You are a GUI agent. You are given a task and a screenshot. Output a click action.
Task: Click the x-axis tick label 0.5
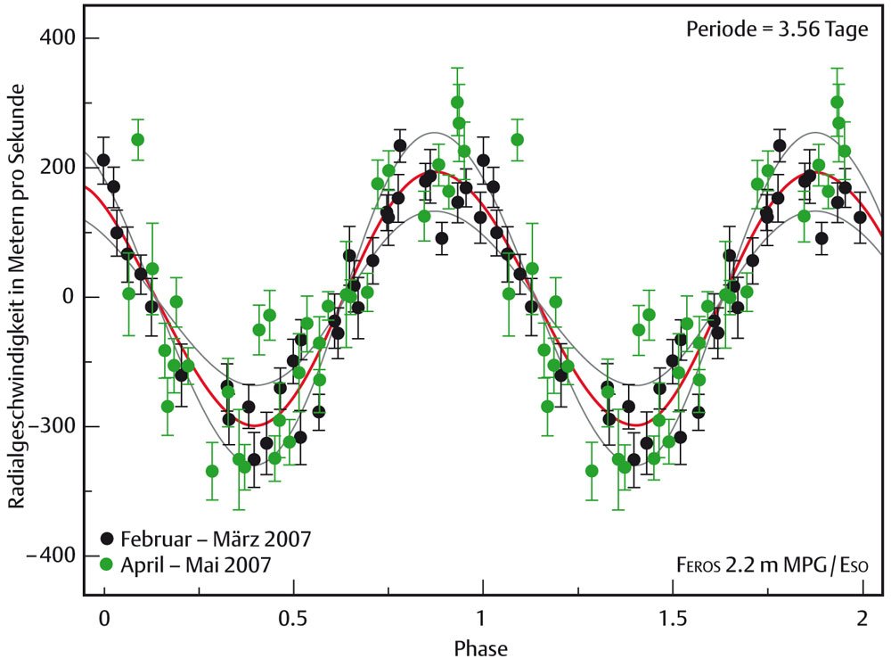294,619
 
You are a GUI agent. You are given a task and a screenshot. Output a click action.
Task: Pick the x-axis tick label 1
482,619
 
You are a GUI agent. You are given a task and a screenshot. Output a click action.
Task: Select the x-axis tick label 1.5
674,619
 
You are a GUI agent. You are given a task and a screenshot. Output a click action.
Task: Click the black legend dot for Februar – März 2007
107,539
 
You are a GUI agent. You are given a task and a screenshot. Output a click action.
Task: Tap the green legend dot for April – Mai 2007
107,564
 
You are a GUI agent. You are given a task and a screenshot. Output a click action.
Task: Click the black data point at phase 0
103,161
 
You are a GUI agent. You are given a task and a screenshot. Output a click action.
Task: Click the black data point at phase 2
861,218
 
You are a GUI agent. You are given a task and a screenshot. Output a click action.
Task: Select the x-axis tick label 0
104,619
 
